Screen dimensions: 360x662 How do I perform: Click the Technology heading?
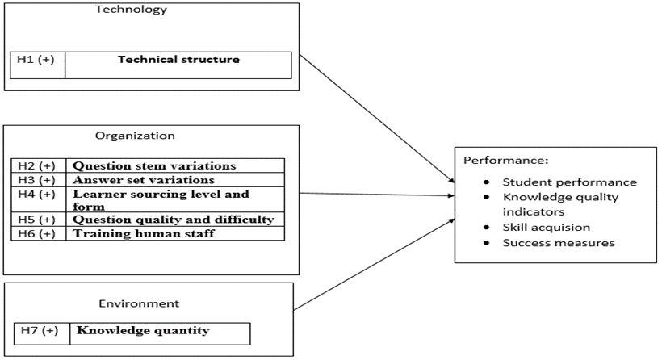coord(131,10)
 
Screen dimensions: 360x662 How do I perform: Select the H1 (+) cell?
coord(37,61)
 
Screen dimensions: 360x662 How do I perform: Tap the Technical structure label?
coord(178,60)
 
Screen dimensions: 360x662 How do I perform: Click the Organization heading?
coord(135,136)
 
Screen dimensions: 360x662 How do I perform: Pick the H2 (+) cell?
coord(37,165)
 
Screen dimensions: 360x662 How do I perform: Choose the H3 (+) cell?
coord(37,179)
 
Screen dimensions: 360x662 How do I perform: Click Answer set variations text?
coord(144,179)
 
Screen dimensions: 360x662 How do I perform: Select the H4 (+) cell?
coord(37,195)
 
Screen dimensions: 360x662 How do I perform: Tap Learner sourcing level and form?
coord(161,199)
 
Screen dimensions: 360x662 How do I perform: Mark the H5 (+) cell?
coord(37,220)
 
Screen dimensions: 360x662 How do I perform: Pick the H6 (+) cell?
coord(37,233)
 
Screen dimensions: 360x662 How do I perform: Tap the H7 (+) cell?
coord(41,331)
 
